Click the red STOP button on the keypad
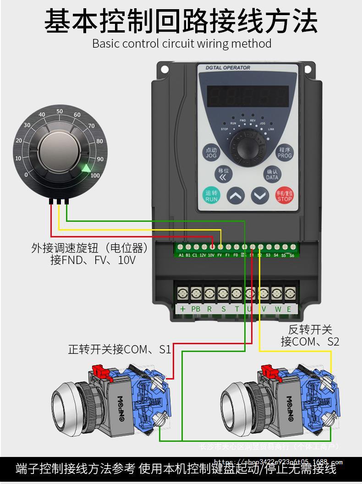pos(284,196)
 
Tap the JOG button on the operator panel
pos(211,153)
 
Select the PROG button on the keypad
pos(285,153)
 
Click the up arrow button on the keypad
pos(236,196)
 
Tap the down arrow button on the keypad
pos(260,196)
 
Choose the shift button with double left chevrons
pos(223,174)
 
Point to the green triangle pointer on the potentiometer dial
pos(86,168)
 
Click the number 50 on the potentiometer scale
pos(59,111)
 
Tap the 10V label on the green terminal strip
pos(211,255)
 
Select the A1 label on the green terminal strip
pos(181,255)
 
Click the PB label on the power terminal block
pos(196,309)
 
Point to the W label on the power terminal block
pos(278,309)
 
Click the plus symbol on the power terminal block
pos(182,309)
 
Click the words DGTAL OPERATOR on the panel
pos(228,68)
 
